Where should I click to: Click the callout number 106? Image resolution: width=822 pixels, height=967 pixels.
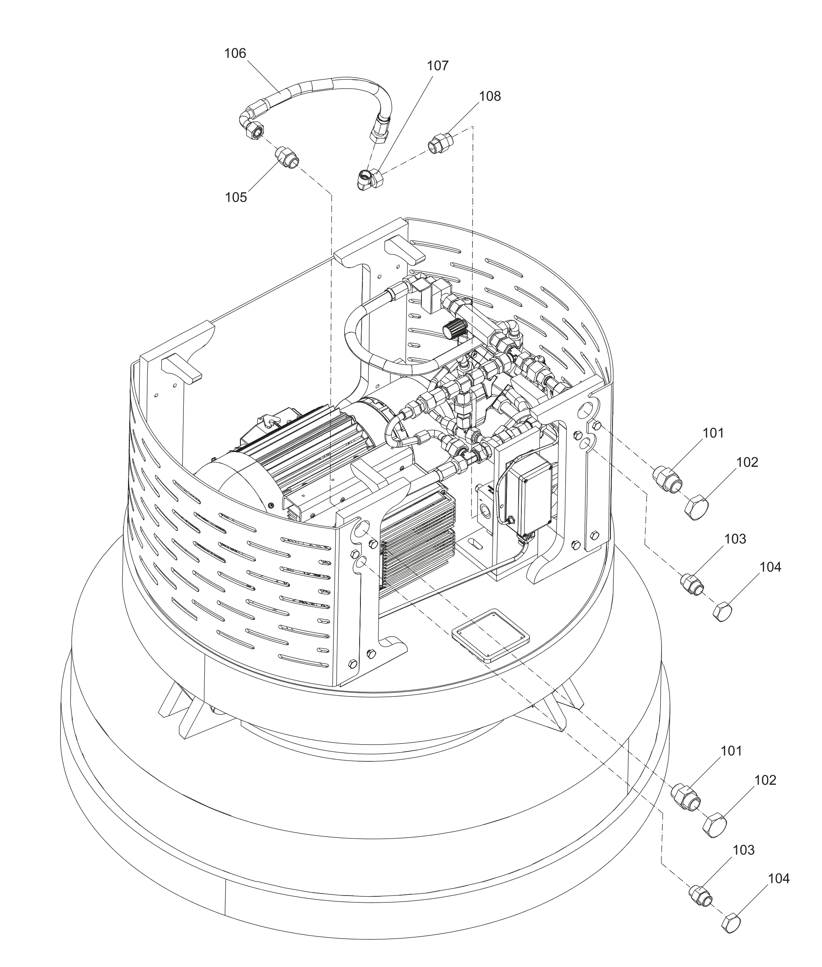tap(235, 53)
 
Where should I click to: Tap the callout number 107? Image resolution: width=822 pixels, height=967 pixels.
tap(437, 66)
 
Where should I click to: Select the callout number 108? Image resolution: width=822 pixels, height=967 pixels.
tap(490, 96)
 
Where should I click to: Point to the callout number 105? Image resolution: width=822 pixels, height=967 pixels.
tap(236, 197)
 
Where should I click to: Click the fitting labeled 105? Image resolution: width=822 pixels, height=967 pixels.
tap(287, 157)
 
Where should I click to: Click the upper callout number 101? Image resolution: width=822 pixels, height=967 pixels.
tap(713, 434)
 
